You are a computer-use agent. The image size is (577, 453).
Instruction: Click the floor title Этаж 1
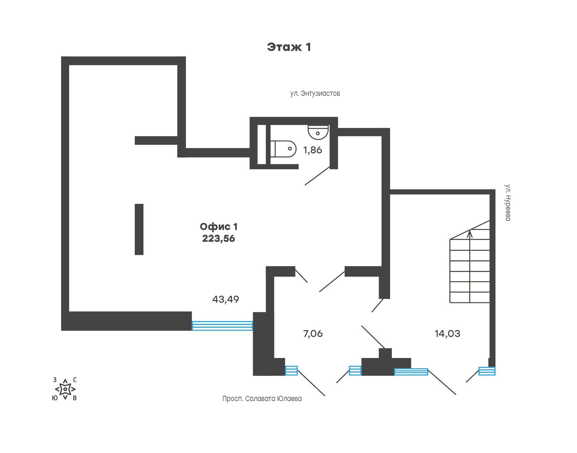pyautogui.click(x=289, y=47)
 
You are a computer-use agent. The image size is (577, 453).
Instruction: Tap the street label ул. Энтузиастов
pyautogui.click(x=315, y=93)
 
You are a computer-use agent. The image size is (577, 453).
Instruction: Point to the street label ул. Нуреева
pyautogui.click(x=508, y=202)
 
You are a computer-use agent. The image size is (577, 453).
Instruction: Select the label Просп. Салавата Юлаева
pyautogui.click(x=262, y=399)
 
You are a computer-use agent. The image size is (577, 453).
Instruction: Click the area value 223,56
pyautogui.click(x=218, y=239)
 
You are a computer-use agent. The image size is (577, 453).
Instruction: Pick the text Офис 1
pyautogui.click(x=218, y=226)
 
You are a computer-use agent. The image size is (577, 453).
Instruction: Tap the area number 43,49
pyautogui.click(x=225, y=299)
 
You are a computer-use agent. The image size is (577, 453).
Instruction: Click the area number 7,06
pyautogui.click(x=313, y=334)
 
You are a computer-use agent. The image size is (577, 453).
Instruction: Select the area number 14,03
pyautogui.click(x=447, y=334)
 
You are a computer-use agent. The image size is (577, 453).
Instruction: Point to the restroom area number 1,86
pyautogui.click(x=313, y=150)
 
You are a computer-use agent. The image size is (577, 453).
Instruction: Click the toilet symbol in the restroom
pyautogui.click(x=284, y=149)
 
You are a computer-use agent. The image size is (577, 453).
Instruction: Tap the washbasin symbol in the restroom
pyautogui.click(x=318, y=132)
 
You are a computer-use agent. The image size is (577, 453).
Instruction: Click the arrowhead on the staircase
pyautogui.click(x=470, y=234)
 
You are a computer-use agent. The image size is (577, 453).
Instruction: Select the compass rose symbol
pyautogui.click(x=65, y=389)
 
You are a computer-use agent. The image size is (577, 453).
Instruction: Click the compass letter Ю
pyautogui.click(x=55, y=398)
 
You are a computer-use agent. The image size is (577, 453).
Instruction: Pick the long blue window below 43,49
pyautogui.click(x=222, y=325)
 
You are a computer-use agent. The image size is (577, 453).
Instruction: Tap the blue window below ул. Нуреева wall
pyautogui.click(x=487, y=371)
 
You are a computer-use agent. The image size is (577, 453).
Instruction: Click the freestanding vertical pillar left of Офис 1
pyautogui.click(x=139, y=229)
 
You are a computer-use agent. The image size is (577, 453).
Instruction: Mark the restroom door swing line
pyautogui.click(x=317, y=176)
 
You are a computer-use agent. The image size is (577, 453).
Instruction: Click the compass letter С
pyautogui.click(x=75, y=380)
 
